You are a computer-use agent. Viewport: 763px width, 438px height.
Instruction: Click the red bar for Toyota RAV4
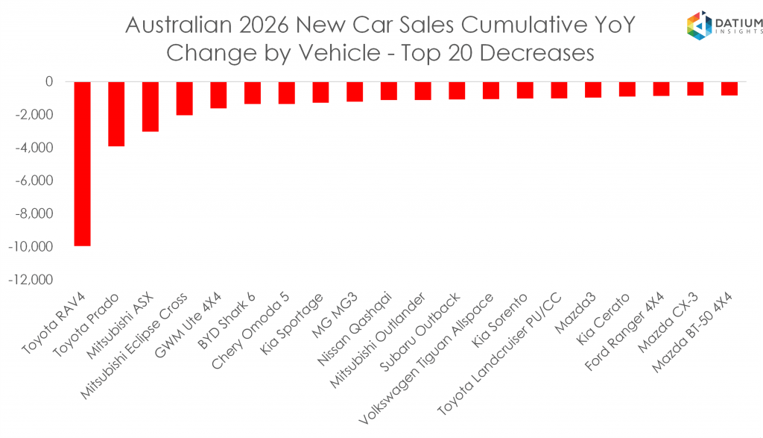click(x=82, y=163)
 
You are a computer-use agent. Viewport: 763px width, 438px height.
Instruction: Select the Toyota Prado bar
click(x=116, y=114)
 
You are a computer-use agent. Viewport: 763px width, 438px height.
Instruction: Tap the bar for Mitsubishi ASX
click(x=151, y=107)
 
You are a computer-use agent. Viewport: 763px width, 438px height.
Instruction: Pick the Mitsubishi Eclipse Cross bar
click(x=185, y=98)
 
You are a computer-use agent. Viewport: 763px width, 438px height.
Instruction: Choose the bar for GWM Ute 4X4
click(x=218, y=95)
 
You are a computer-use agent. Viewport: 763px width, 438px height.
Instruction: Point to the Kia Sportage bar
click(x=320, y=92)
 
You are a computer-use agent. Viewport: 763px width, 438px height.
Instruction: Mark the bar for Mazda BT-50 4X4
click(x=729, y=89)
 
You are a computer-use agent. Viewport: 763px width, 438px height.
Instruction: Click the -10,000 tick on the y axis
click(x=31, y=246)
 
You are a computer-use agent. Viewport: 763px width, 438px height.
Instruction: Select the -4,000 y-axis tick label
click(x=34, y=148)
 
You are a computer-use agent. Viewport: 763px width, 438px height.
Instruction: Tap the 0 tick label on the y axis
click(x=49, y=82)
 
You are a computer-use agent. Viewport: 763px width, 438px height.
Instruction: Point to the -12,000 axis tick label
click(x=31, y=280)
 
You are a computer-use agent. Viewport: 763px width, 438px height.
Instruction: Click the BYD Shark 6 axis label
click(x=227, y=321)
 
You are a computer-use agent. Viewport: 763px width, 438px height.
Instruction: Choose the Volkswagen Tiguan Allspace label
click(x=426, y=359)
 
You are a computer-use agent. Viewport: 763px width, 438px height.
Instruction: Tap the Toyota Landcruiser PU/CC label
click(x=500, y=354)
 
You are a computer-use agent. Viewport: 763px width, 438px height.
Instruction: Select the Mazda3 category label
click(x=575, y=313)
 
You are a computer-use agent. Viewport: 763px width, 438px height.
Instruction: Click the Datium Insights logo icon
click(x=700, y=25)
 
